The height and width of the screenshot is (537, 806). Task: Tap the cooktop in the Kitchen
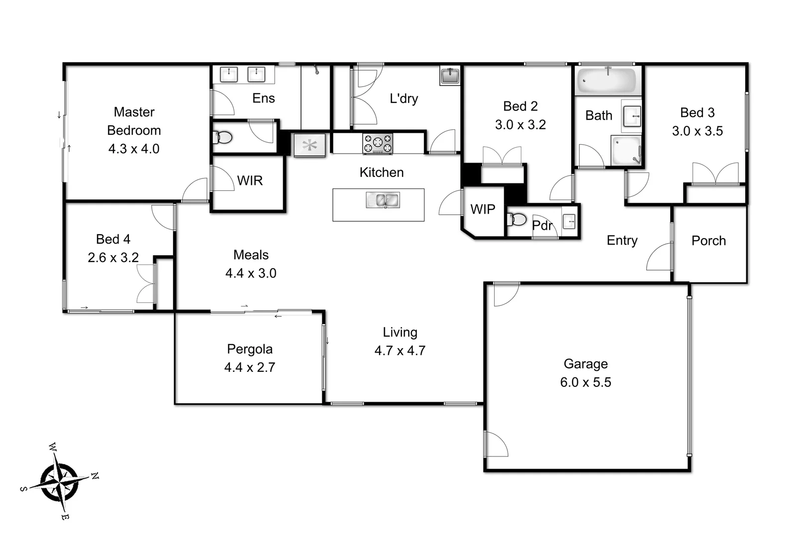(x=378, y=144)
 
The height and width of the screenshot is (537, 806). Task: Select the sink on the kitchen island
(x=383, y=200)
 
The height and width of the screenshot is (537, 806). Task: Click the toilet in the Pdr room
(x=517, y=219)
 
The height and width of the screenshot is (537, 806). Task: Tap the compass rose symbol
(x=60, y=482)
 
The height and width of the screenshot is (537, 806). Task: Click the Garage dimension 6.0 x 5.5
(x=586, y=382)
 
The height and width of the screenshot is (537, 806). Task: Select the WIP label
(x=483, y=209)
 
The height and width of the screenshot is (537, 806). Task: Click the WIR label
(x=250, y=180)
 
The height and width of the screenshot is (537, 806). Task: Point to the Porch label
(x=708, y=241)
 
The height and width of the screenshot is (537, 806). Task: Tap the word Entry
(x=622, y=241)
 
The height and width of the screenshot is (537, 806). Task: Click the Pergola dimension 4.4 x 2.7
(x=249, y=367)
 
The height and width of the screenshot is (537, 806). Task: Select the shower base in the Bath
(x=626, y=150)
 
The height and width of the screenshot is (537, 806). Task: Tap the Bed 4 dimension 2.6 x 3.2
(x=113, y=258)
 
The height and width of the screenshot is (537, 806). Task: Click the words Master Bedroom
(x=134, y=121)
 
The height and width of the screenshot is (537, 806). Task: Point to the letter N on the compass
(x=95, y=476)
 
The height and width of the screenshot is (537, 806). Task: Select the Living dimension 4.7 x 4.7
(x=400, y=351)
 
